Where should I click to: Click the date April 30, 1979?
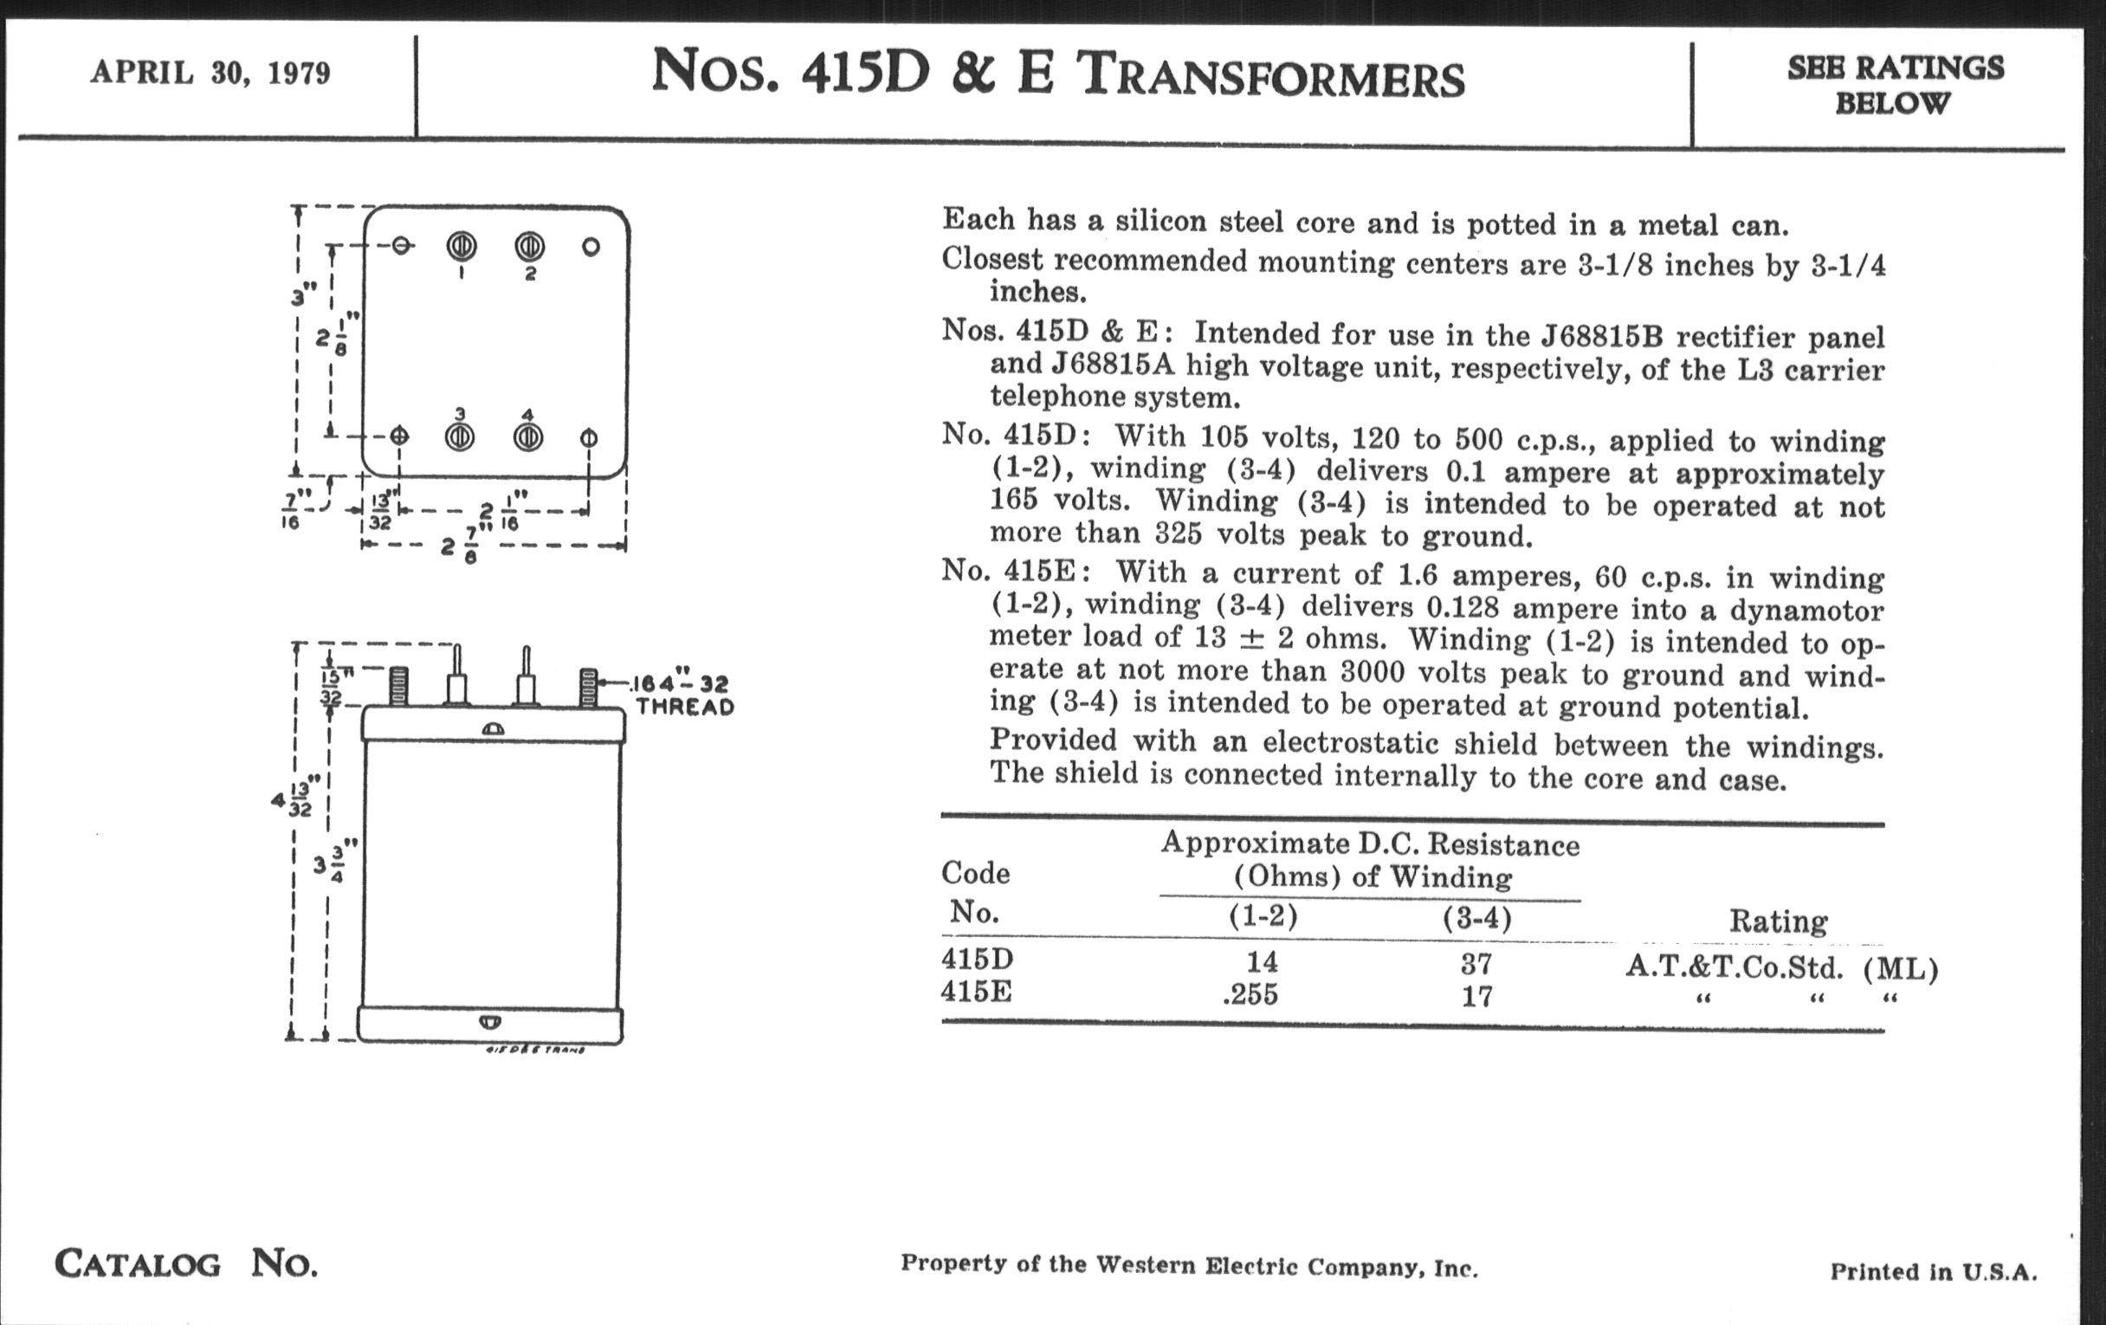(210, 73)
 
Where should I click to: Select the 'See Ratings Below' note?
(1895, 85)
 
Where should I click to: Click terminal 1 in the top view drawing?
(462, 248)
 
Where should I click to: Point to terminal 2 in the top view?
(529, 248)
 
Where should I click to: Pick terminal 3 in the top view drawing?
(460, 436)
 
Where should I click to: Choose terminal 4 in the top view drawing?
(527, 436)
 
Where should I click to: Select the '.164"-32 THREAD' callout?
(684, 695)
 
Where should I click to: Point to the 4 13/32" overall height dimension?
(291, 799)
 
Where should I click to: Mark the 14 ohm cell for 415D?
(1261, 962)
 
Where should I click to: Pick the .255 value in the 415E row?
(1250, 994)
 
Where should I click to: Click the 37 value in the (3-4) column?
(1476, 964)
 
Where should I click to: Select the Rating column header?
(1778, 921)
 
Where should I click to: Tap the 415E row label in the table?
(976, 992)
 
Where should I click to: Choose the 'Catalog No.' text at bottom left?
(186, 1264)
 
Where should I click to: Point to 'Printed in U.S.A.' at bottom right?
(1933, 1271)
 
